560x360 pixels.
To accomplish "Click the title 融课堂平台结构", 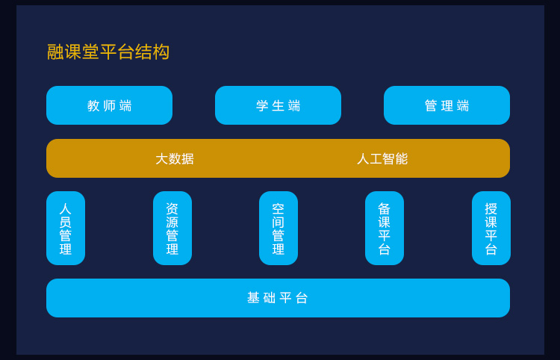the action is click(108, 52).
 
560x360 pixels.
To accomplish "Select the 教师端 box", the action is click(109, 105).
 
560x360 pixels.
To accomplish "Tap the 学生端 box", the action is click(278, 105).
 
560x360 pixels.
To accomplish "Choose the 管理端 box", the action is click(447, 105).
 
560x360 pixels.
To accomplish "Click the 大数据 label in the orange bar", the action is click(175, 158).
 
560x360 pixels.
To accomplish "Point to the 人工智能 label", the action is click(382, 158).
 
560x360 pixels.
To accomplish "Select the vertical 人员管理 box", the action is click(66, 229).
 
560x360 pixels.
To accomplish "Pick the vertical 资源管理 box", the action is click(172, 229).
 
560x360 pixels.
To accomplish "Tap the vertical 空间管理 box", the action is click(279, 229).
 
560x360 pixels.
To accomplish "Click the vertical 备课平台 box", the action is click(385, 229).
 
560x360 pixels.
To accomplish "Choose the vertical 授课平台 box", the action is click(491, 229).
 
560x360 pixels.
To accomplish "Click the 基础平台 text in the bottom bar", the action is click(278, 298).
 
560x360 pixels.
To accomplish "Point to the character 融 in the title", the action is click(55, 52).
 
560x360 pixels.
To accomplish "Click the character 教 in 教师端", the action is click(93, 106).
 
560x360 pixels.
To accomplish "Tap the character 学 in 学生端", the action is click(262, 106).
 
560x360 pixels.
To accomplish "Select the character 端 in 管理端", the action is click(463, 106).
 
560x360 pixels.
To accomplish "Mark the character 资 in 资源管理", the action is click(172, 208).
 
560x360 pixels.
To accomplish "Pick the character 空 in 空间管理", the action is click(279, 208).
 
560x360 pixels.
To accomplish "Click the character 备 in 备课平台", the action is click(385, 208).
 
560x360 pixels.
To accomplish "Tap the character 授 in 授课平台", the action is click(491, 208).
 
